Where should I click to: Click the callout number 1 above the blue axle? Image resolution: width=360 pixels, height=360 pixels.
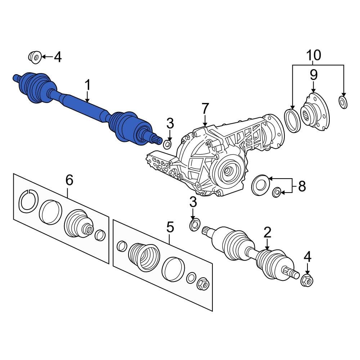(88, 85)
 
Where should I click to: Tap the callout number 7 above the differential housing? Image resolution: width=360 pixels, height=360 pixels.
(205, 109)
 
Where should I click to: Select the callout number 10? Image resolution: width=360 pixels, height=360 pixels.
(314, 55)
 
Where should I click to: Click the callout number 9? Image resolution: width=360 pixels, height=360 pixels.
(314, 75)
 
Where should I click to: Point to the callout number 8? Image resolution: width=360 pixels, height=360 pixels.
(302, 186)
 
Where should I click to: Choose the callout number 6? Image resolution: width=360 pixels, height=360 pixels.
(69, 180)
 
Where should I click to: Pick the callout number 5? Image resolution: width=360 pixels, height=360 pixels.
(170, 227)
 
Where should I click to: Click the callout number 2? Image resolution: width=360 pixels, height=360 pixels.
(267, 232)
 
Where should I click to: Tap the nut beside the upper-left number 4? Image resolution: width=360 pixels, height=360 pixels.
(35, 57)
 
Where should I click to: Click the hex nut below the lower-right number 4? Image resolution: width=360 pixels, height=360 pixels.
(307, 280)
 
